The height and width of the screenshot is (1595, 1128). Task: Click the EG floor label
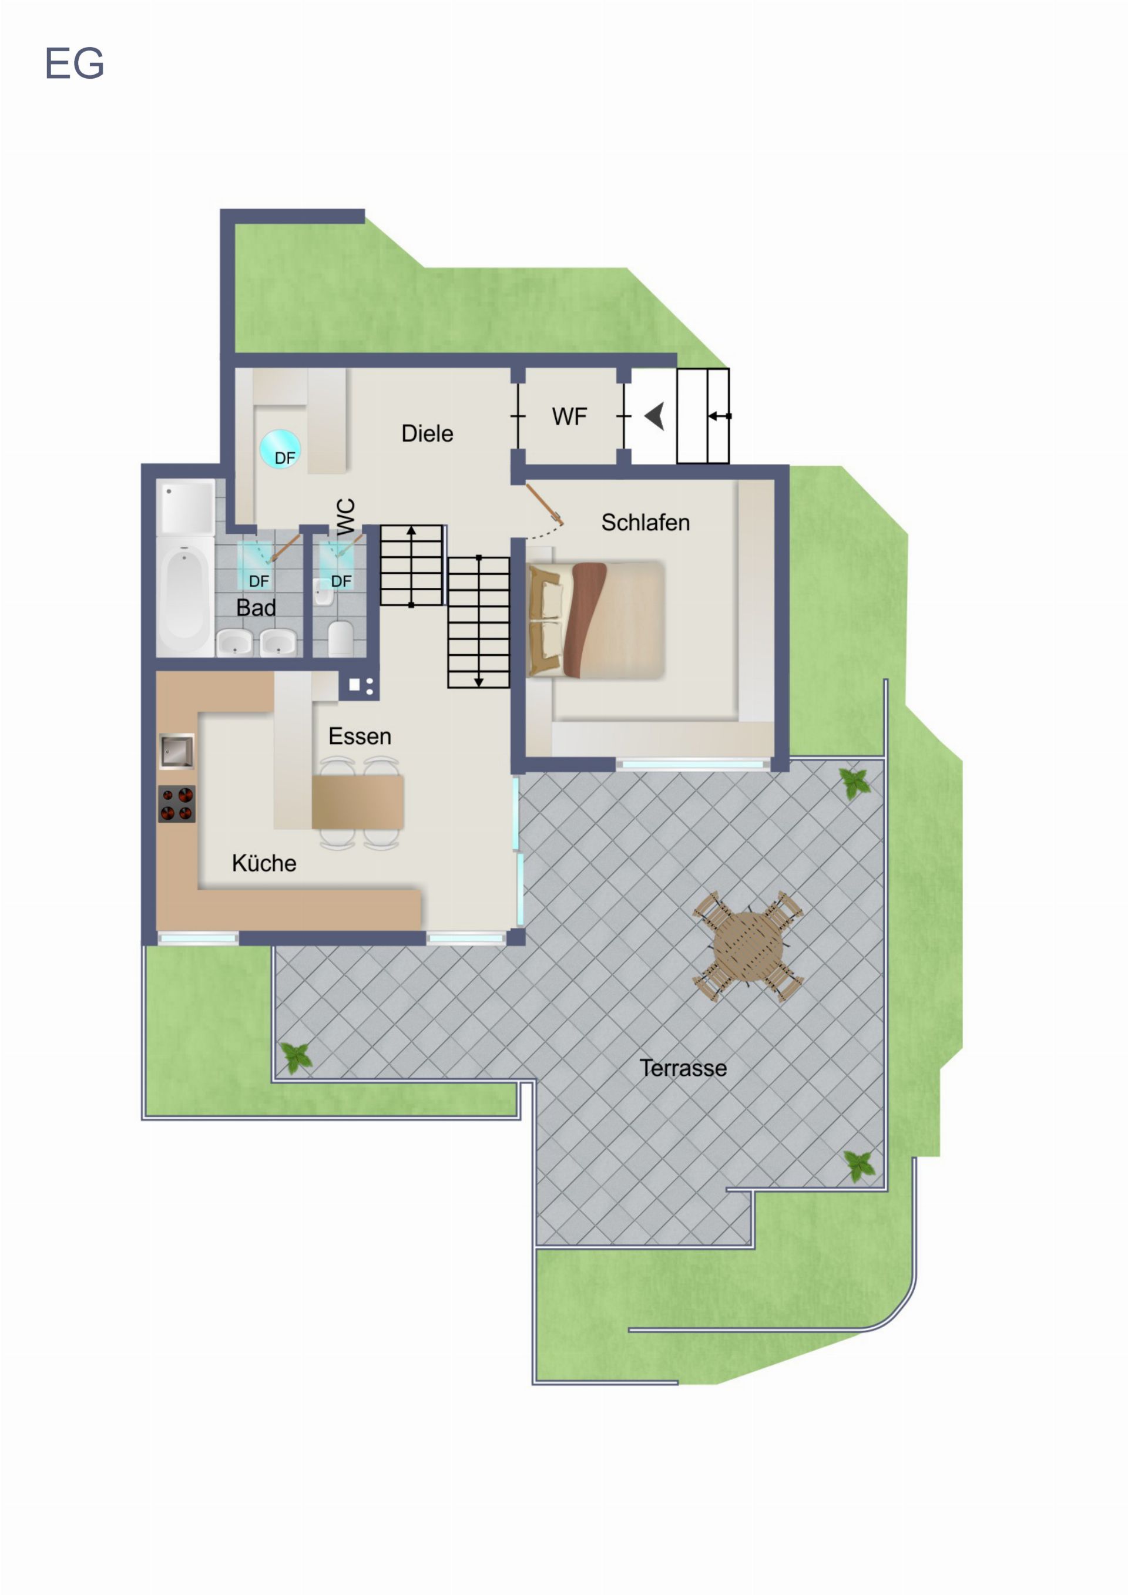(x=75, y=63)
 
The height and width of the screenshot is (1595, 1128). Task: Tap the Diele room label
(x=428, y=433)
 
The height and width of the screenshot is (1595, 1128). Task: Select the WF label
(x=569, y=416)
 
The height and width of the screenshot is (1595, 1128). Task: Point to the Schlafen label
(x=646, y=523)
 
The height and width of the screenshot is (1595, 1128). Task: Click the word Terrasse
(x=683, y=1068)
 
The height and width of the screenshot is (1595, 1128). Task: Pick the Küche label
(x=264, y=863)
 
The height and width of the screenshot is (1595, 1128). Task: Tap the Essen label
(x=360, y=736)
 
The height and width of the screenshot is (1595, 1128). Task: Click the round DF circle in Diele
(x=280, y=449)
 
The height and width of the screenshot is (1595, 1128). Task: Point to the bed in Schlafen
(x=596, y=620)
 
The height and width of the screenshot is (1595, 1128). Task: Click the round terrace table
(x=748, y=946)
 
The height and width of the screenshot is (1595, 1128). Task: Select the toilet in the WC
(x=341, y=638)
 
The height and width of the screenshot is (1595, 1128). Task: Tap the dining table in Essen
(x=358, y=802)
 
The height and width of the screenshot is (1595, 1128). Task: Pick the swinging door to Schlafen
(x=544, y=504)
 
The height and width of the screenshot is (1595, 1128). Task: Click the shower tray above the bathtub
(x=186, y=506)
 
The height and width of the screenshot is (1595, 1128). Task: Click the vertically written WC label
(x=345, y=516)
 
